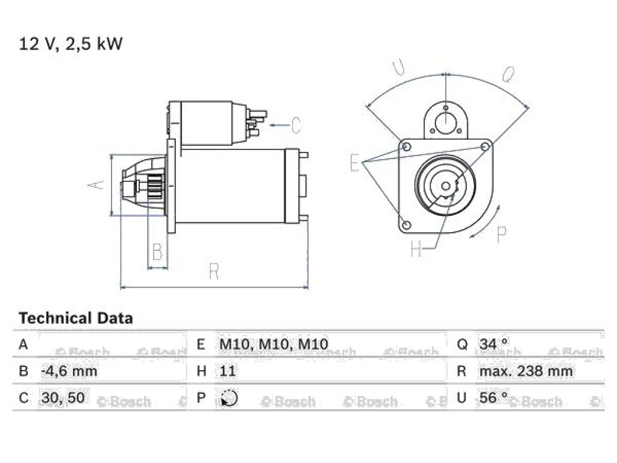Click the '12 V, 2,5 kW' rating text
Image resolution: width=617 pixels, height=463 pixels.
[x=71, y=43]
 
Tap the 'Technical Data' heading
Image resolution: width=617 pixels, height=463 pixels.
[x=76, y=318]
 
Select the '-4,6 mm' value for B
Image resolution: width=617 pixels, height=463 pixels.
[x=69, y=371]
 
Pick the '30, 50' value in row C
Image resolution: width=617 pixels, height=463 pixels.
[x=63, y=398]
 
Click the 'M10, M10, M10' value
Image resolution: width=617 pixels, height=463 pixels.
[x=274, y=344]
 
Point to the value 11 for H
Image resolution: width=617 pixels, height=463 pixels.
[x=227, y=371]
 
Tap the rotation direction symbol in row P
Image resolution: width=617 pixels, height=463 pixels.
[x=229, y=398]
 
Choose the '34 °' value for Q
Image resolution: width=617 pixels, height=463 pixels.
[x=493, y=344]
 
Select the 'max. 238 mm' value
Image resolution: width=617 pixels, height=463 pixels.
[x=525, y=371]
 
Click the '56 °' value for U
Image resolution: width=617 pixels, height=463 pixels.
[x=493, y=397]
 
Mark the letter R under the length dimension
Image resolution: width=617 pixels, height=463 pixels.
[x=214, y=271]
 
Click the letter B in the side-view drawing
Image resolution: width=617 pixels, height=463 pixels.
[x=157, y=251]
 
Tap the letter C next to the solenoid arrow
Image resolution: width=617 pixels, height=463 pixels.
[x=296, y=125]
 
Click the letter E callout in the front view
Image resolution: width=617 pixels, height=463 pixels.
[x=354, y=163]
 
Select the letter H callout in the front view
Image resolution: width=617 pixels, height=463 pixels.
[x=416, y=249]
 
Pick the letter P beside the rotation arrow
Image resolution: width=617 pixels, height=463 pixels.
[x=501, y=235]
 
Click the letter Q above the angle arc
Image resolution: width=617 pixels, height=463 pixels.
[x=509, y=74]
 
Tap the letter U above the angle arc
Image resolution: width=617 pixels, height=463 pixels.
[x=398, y=66]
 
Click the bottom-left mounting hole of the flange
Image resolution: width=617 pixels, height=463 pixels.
[x=407, y=225]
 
